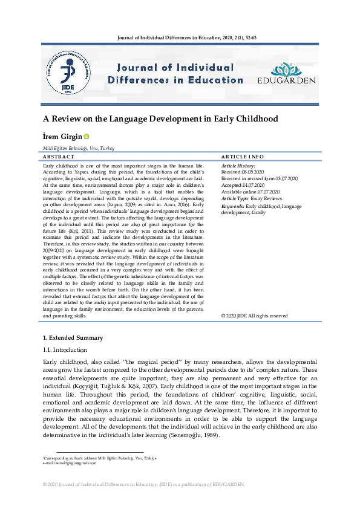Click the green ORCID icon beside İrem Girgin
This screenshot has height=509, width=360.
click(x=86, y=137)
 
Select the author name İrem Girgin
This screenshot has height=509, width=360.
click(x=62, y=137)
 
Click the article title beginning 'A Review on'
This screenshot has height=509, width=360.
click(x=160, y=118)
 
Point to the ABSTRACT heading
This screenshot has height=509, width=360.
click(x=59, y=157)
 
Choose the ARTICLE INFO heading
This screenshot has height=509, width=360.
click(x=243, y=157)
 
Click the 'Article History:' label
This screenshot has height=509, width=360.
click(x=238, y=165)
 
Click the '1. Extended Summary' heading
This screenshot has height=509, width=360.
click(x=73, y=337)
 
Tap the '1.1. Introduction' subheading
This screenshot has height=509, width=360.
click(x=66, y=349)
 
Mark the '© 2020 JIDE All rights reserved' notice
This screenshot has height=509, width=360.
click(x=254, y=316)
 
